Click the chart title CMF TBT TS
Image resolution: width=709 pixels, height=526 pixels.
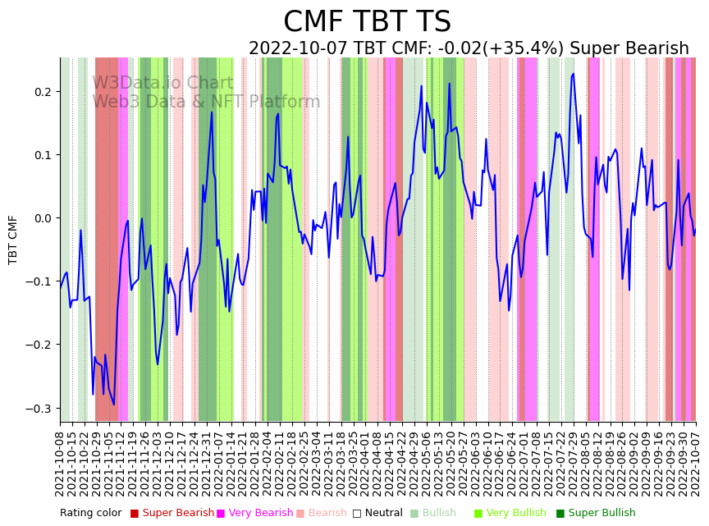point(367,22)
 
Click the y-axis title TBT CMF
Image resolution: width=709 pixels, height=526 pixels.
point(13,240)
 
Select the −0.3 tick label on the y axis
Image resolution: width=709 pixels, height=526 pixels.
point(38,409)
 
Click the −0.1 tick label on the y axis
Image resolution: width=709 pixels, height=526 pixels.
point(38,281)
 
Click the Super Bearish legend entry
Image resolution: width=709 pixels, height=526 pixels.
point(178,514)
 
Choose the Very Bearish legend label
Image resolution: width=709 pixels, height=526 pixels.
point(259,514)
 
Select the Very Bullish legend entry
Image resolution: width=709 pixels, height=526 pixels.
point(516,514)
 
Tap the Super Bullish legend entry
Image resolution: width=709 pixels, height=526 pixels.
point(602,514)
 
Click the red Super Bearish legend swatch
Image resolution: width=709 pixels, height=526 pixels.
point(135,514)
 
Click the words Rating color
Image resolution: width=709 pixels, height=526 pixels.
point(90,514)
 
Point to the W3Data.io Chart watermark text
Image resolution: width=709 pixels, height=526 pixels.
point(162,83)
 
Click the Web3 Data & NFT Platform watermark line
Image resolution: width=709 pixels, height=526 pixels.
point(206,102)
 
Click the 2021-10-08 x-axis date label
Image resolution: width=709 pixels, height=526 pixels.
point(60,464)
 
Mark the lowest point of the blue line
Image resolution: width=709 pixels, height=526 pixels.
point(114,405)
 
